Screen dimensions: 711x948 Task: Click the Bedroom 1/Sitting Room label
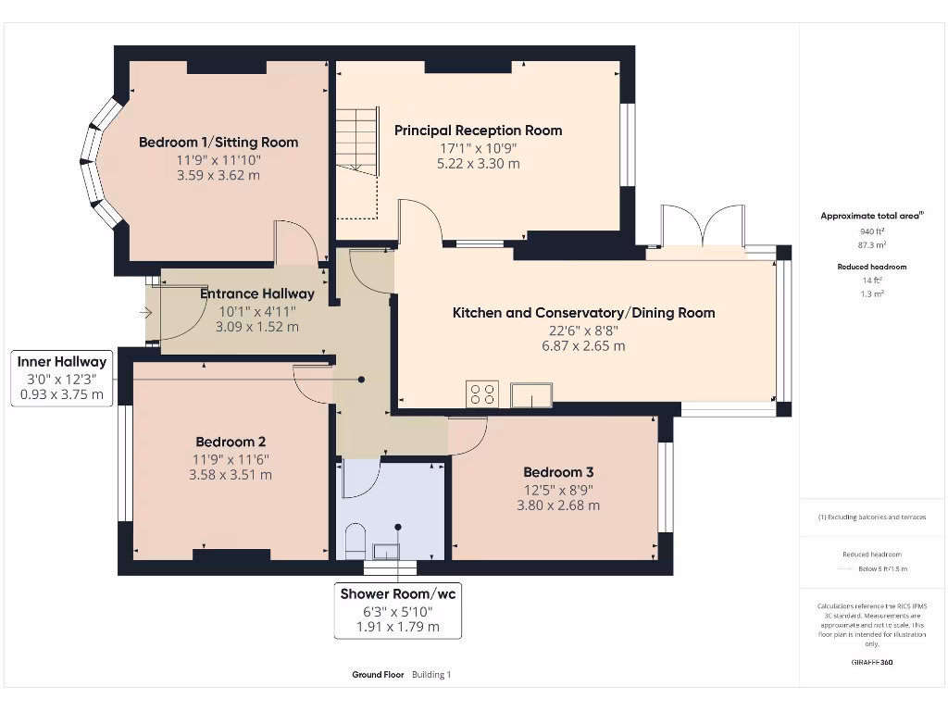[218, 143]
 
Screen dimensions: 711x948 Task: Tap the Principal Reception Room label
[478, 131]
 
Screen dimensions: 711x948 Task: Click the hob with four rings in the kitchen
[482, 393]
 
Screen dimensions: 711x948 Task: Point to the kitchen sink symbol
[531, 394]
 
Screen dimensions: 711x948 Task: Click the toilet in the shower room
[355, 542]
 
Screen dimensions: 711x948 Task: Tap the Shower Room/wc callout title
[398, 593]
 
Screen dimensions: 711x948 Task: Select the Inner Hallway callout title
[62, 362]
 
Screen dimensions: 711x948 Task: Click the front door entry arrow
[145, 313]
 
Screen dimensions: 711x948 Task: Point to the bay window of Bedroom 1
[100, 164]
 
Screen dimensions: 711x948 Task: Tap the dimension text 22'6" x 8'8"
[583, 330]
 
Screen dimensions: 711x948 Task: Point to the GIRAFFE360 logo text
[872, 662]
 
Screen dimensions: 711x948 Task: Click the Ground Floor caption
[378, 675]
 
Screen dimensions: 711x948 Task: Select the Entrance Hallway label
[257, 294]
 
